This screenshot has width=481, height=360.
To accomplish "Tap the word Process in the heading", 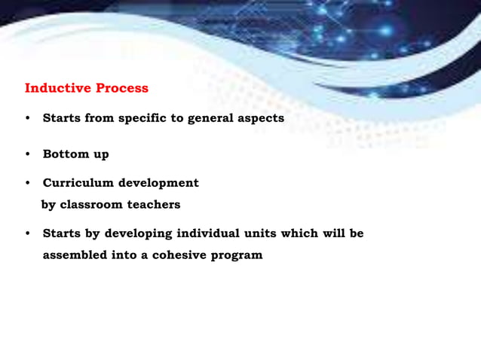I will tap(122, 88).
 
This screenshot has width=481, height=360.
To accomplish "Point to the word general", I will tap(212, 118).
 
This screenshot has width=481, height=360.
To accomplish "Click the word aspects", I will tap(262, 118).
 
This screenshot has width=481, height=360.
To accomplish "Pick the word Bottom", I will tap(65, 154).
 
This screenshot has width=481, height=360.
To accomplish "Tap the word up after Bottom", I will tap(100, 155).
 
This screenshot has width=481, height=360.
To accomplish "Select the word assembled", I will tap(76, 255).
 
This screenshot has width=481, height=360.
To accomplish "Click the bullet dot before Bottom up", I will tap(28, 154).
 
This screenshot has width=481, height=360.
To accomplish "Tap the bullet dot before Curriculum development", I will tap(28, 183).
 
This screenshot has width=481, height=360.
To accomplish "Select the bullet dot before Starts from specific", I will tap(28, 118).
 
